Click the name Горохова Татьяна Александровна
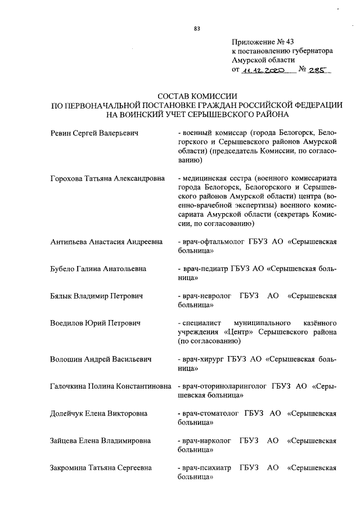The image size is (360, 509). pyautogui.click(x=107, y=178)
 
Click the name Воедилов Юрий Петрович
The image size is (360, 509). pyautogui.click(x=94, y=323)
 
